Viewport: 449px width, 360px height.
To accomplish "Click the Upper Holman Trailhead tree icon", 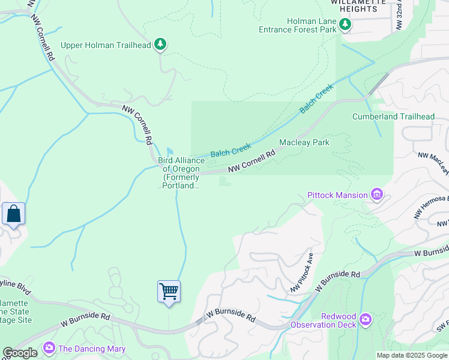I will pos(160,44).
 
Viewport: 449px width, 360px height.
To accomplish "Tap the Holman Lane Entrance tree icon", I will pos(345,24).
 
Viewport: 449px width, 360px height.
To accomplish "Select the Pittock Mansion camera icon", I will pos(377,194).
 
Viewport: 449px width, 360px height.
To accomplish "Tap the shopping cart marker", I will pos(169,292).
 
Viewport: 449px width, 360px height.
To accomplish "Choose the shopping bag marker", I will pos(13,214).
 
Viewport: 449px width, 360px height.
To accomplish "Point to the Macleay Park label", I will pos(304,143).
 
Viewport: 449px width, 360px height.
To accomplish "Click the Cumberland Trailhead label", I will pos(393,116).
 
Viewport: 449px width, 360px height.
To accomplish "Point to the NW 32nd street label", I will pos(398,15).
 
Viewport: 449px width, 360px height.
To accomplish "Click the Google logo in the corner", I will pos(20,353).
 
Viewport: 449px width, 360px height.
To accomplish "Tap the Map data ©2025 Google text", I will pos(411,355).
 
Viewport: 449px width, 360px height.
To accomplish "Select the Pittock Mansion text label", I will pos(337,195).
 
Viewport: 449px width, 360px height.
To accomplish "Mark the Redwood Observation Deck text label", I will pos(322,320).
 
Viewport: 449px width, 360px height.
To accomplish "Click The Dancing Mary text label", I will pos(92,349).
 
